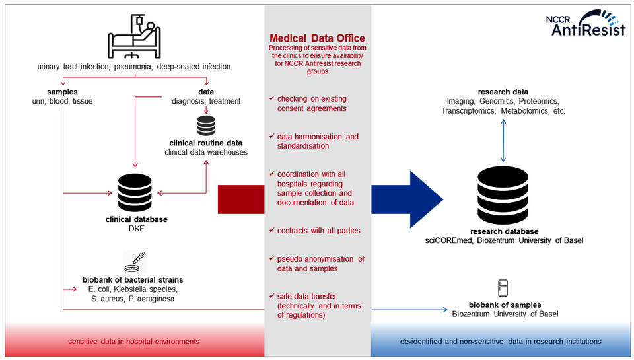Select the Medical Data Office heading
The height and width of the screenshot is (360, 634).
(x=318, y=38)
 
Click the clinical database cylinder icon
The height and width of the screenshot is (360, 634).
(x=135, y=191)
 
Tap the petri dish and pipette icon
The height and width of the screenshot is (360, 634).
(x=135, y=263)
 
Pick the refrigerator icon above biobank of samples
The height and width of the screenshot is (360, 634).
(x=503, y=288)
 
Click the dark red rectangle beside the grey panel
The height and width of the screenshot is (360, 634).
(x=241, y=199)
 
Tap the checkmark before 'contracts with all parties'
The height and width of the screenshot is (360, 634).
(x=271, y=231)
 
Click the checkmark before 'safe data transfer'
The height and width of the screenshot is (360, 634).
(x=271, y=295)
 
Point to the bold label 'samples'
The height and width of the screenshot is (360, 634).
(x=63, y=91)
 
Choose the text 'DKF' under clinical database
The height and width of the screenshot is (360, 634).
(x=136, y=229)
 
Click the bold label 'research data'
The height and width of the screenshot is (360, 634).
(x=503, y=91)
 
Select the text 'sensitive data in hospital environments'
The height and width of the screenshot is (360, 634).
(x=134, y=342)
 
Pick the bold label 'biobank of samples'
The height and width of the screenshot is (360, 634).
(x=505, y=305)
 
